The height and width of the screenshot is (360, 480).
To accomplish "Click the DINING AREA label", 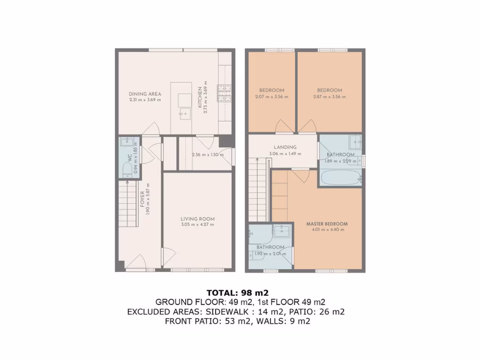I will coord(145,94).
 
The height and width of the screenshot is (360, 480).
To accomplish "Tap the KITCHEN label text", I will coord(200,97).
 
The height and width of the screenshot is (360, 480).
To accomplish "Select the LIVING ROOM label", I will coord(197,218).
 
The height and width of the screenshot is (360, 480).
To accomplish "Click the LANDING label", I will coord(285,147).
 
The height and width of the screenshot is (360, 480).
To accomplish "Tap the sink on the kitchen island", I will coord(185,113).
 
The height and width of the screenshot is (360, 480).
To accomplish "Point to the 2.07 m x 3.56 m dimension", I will coord(271,97).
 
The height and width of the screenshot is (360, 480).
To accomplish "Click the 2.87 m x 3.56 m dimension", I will coord(329,97).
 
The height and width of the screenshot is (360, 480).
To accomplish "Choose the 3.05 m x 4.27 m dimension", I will coord(197,225).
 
